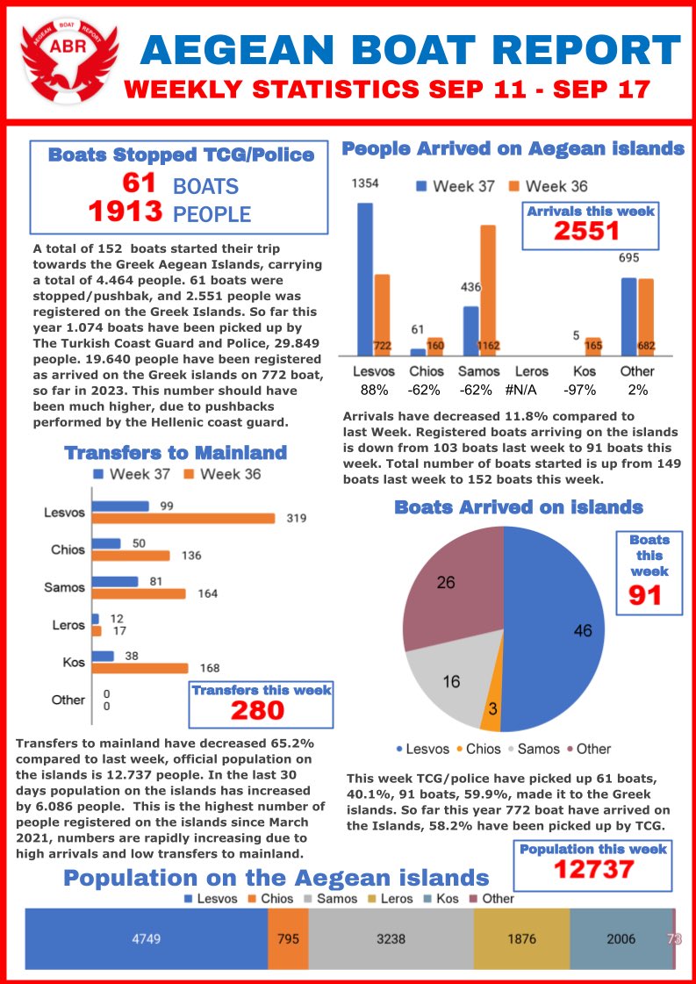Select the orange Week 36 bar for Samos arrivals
[487, 290]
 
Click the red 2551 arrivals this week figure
[586, 231]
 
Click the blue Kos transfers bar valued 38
[103, 656]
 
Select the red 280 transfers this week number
[261, 710]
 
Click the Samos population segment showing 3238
[391, 938]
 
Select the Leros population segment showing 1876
[521, 938]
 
